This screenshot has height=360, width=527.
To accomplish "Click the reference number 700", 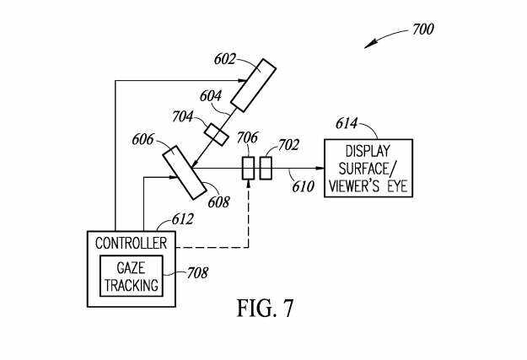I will (422, 30).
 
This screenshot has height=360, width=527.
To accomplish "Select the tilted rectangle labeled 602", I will (254, 84).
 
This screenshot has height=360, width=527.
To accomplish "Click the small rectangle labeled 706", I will (249, 168).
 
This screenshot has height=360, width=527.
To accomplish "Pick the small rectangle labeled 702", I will (266, 168).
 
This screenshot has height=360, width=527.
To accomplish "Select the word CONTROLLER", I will (131, 244).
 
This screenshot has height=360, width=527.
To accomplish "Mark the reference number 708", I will (196, 272).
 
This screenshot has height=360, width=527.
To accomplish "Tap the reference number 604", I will (211, 97).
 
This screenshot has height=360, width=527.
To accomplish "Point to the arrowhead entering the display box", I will (320, 168).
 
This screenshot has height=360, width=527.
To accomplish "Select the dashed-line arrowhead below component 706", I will (249, 185).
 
